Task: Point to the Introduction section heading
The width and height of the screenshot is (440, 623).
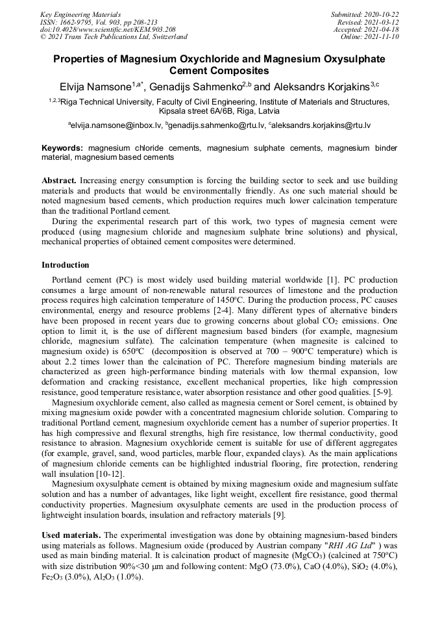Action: (x=65, y=265)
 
